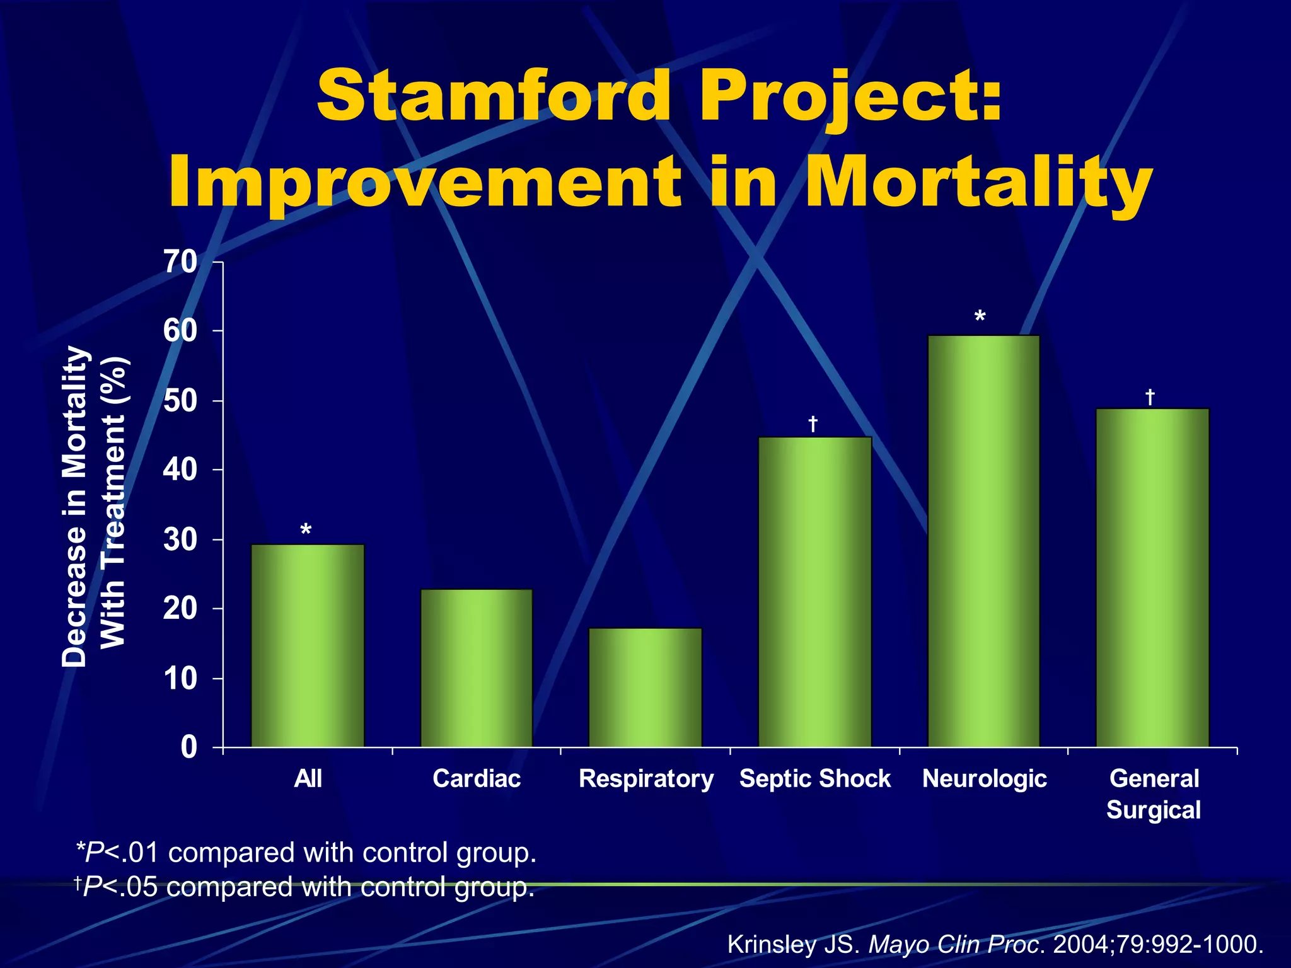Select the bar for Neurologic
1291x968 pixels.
983,542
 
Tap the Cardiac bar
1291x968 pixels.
477,668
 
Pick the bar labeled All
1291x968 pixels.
308,646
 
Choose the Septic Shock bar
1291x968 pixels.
814,592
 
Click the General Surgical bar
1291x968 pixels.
1152,579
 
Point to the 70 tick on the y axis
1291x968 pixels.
180,262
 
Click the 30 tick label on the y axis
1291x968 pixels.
180,540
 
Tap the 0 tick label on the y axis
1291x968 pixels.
188,747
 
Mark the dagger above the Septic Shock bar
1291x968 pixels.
813,424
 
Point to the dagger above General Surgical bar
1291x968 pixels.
1150,397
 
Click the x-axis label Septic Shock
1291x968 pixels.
814,779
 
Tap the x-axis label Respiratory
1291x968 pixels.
646,779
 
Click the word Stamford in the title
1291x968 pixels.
493,96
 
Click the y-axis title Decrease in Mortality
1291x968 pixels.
74,505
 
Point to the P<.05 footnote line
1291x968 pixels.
304,887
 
